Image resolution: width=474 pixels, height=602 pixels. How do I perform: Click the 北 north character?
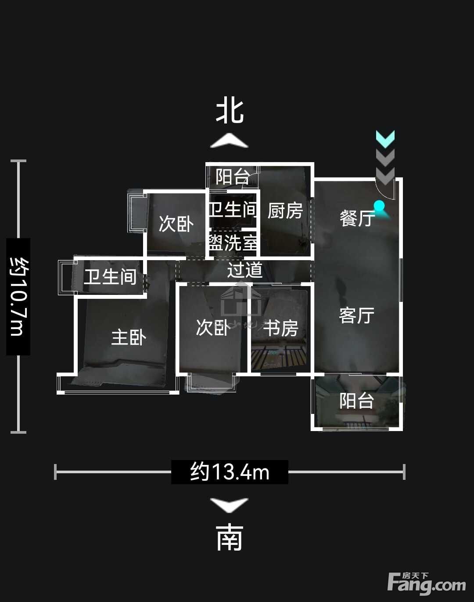tap(230, 111)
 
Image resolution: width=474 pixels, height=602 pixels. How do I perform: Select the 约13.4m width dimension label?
tap(230, 472)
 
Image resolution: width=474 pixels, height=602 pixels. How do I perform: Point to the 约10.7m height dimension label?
tap(18, 297)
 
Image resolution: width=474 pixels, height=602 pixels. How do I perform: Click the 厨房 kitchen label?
tap(285, 210)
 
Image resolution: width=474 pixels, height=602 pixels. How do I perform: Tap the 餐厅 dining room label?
tap(357, 218)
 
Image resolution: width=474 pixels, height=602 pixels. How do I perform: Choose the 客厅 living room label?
tap(357, 315)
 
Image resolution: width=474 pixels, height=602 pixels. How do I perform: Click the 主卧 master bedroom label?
tap(129, 337)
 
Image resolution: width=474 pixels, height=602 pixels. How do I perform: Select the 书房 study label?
tap(280, 328)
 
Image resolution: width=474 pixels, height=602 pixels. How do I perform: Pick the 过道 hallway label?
tap(245, 270)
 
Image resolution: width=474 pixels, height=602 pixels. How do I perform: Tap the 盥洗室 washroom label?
tap(233, 242)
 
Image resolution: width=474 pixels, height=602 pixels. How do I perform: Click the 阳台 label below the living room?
tap(357, 401)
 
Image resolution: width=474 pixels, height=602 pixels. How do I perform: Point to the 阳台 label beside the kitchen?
tap(233, 177)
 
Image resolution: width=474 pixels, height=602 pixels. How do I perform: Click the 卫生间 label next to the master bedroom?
tap(111, 277)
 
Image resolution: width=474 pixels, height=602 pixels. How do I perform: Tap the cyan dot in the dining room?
tap(379, 206)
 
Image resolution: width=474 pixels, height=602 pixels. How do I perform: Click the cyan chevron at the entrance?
tap(385, 139)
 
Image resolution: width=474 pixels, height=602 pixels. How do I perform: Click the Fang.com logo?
tap(427, 583)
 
